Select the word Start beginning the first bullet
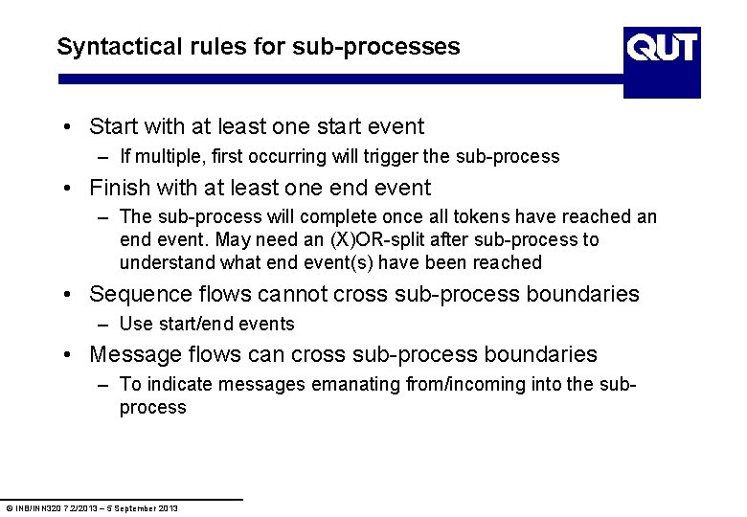click(x=114, y=126)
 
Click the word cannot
click(x=291, y=294)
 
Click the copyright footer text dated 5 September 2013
click(x=92, y=507)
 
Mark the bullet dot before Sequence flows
click(x=72, y=295)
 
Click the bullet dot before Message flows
click(x=72, y=355)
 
